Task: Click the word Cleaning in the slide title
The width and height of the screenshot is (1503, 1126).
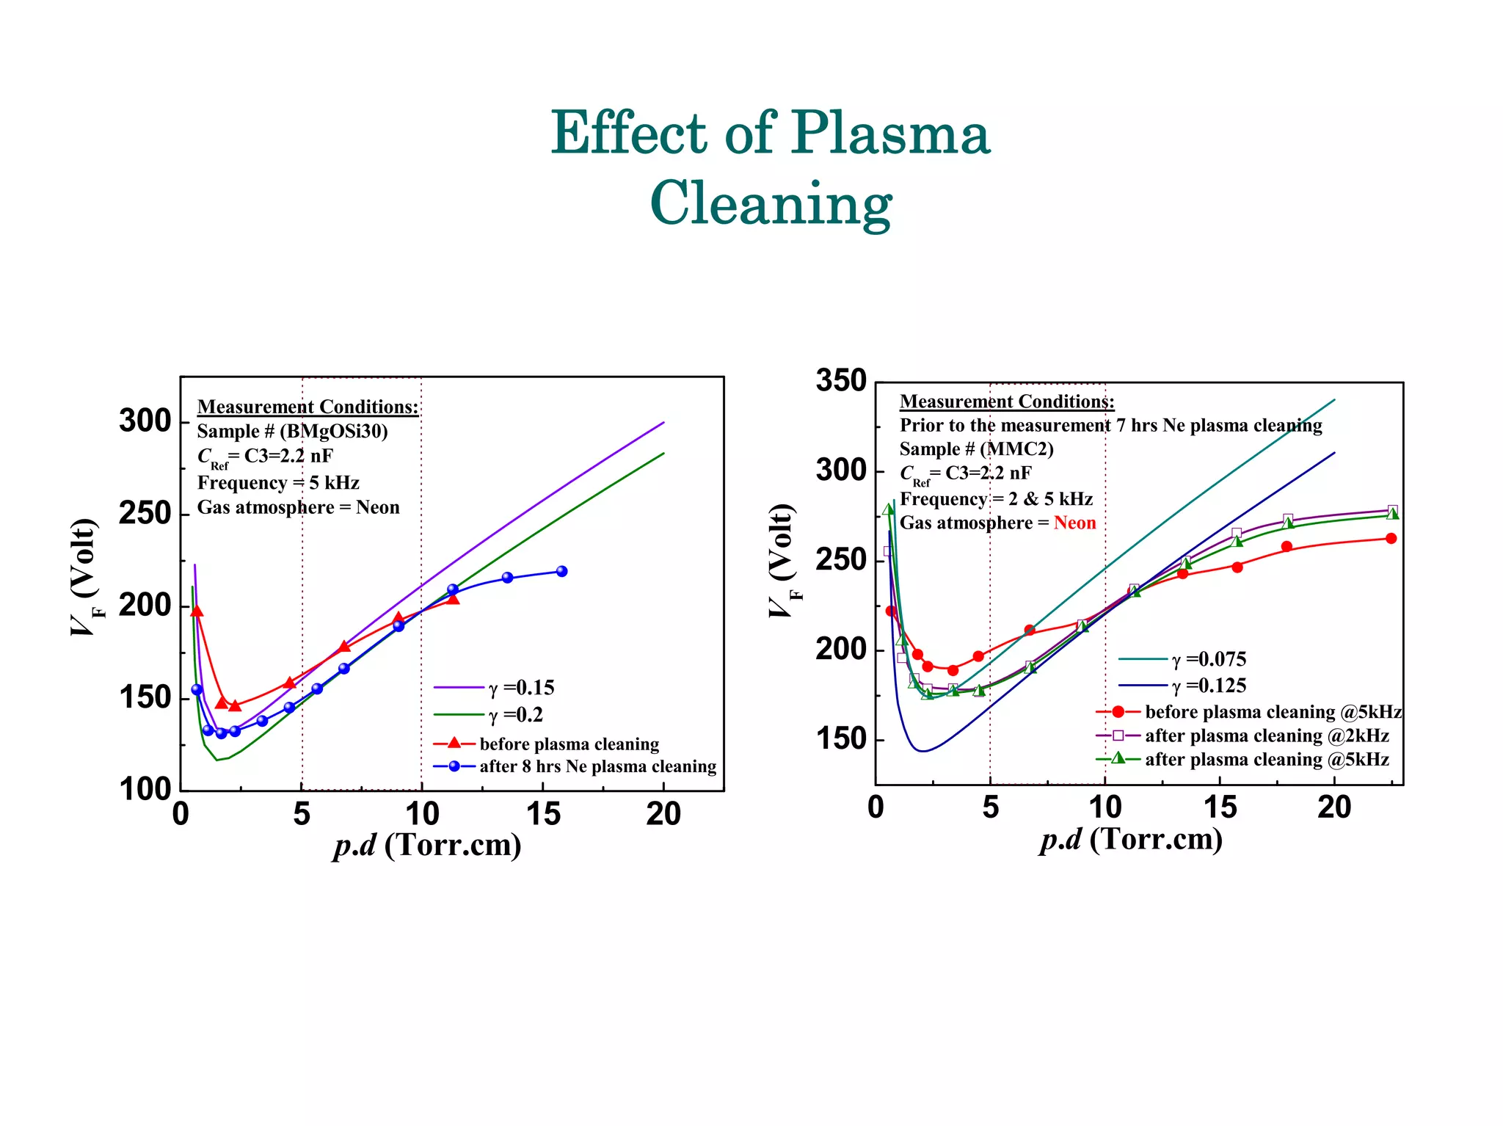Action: click(x=771, y=204)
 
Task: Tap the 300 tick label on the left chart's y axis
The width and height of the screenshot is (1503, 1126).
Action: click(x=145, y=421)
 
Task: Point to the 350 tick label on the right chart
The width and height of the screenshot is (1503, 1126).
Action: click(x=841, y=381)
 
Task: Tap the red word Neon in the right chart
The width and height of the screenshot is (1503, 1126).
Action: click(x=1074, y=523)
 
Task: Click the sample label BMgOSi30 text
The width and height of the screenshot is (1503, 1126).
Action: click(x=334, y=431)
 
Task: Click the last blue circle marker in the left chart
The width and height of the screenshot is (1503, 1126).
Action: click(x=561, y=571)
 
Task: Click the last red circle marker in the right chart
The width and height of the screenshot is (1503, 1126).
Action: click(x=1391, y=538)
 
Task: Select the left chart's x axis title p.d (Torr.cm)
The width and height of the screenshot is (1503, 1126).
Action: click(x=427, y=845)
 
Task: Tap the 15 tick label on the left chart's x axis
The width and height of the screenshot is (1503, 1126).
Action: click(x=543, y=814)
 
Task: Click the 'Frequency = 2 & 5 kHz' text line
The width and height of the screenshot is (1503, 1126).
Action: click(x=996, y=499)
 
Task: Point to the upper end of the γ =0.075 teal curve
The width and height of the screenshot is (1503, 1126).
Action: click(x=1334, y=400)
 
